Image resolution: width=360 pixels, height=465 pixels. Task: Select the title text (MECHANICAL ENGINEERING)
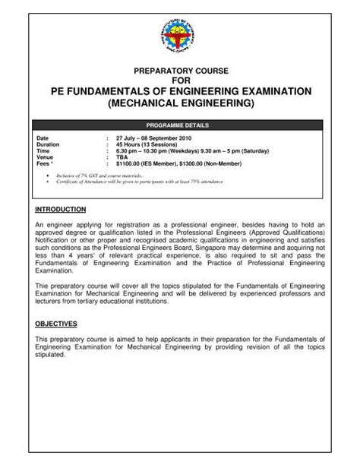(x=180, y=103)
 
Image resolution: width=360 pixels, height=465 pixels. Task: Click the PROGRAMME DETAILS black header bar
(x=180, y=124)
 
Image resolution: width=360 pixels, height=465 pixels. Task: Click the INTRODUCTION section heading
(x=61, y=208)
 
